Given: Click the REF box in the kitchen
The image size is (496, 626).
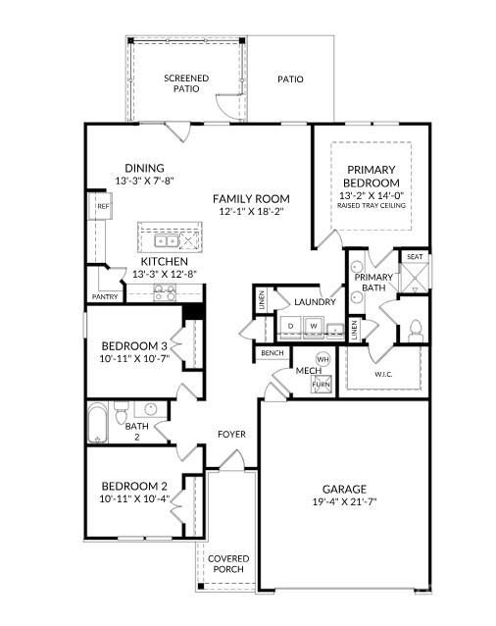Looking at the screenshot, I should (x=102, y=206).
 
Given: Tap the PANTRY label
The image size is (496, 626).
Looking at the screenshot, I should (x=105, y=295).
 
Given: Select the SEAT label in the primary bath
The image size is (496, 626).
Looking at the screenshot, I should (x=416, y=258).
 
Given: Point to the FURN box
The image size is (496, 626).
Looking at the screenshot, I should (x=322, y=384).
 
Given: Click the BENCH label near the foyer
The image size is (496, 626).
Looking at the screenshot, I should (x=272, y=353).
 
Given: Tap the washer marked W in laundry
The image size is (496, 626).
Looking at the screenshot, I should (x=315, y=325).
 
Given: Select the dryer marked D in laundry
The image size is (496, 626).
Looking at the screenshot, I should (x=290, y=325).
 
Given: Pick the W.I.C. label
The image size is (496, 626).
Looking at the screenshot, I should (x=383, y=374).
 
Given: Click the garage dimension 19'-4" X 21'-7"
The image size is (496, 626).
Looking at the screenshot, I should (x=344, y=502).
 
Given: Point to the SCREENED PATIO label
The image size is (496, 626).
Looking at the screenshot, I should (x=186, y=83).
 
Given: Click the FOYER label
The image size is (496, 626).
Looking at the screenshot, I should (x=232, y=435).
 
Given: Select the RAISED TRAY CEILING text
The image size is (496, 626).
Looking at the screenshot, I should (x=372, y=207).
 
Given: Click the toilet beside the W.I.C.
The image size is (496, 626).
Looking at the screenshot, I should (x=415, y=328).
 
